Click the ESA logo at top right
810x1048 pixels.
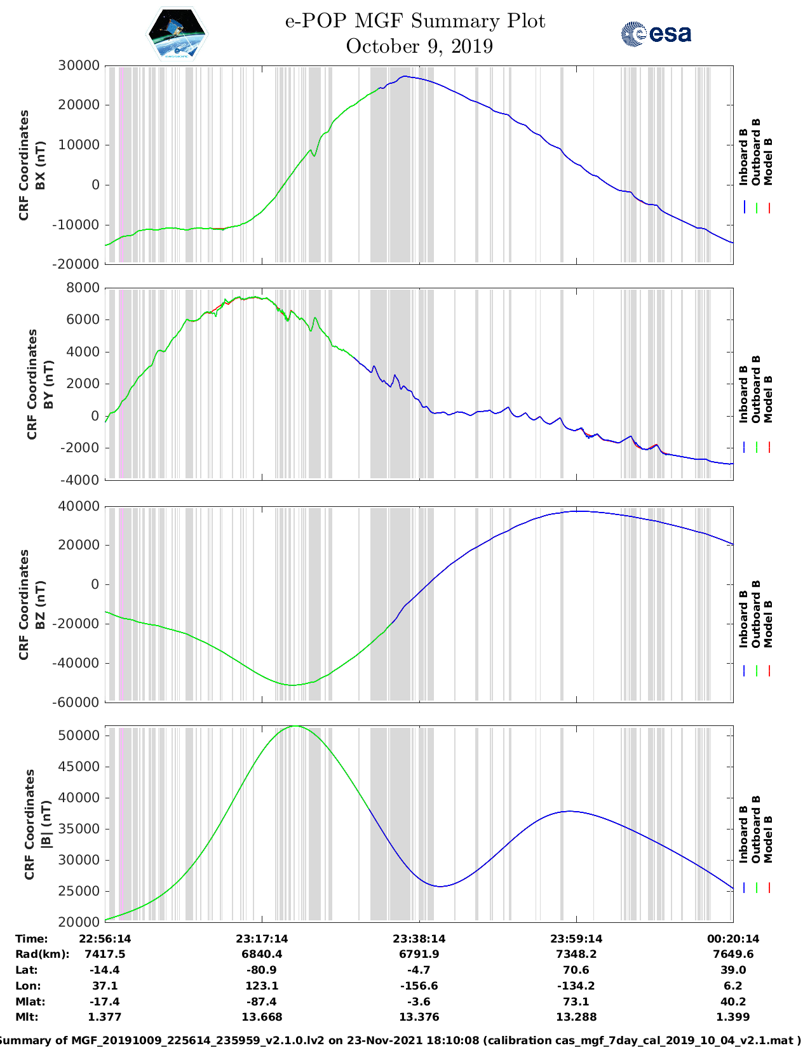tap(656, 34)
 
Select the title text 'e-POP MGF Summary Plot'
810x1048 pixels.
tap(415, 22)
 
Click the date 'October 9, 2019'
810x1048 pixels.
tap(419, 46)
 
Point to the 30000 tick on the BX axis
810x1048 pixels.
tap(79, 65)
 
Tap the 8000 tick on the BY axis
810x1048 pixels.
tap(83, 288)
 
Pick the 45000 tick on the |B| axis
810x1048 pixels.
tap(79, 767)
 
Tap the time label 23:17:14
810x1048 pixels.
tap(262, 939)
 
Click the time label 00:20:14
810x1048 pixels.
tap(733, 939)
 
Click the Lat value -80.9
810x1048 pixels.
tap(262, 970)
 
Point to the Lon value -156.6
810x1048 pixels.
tap(419, 986)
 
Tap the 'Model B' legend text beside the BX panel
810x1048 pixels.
tap(768, 161)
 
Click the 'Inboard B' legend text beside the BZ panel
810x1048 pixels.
tap(743, 619)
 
